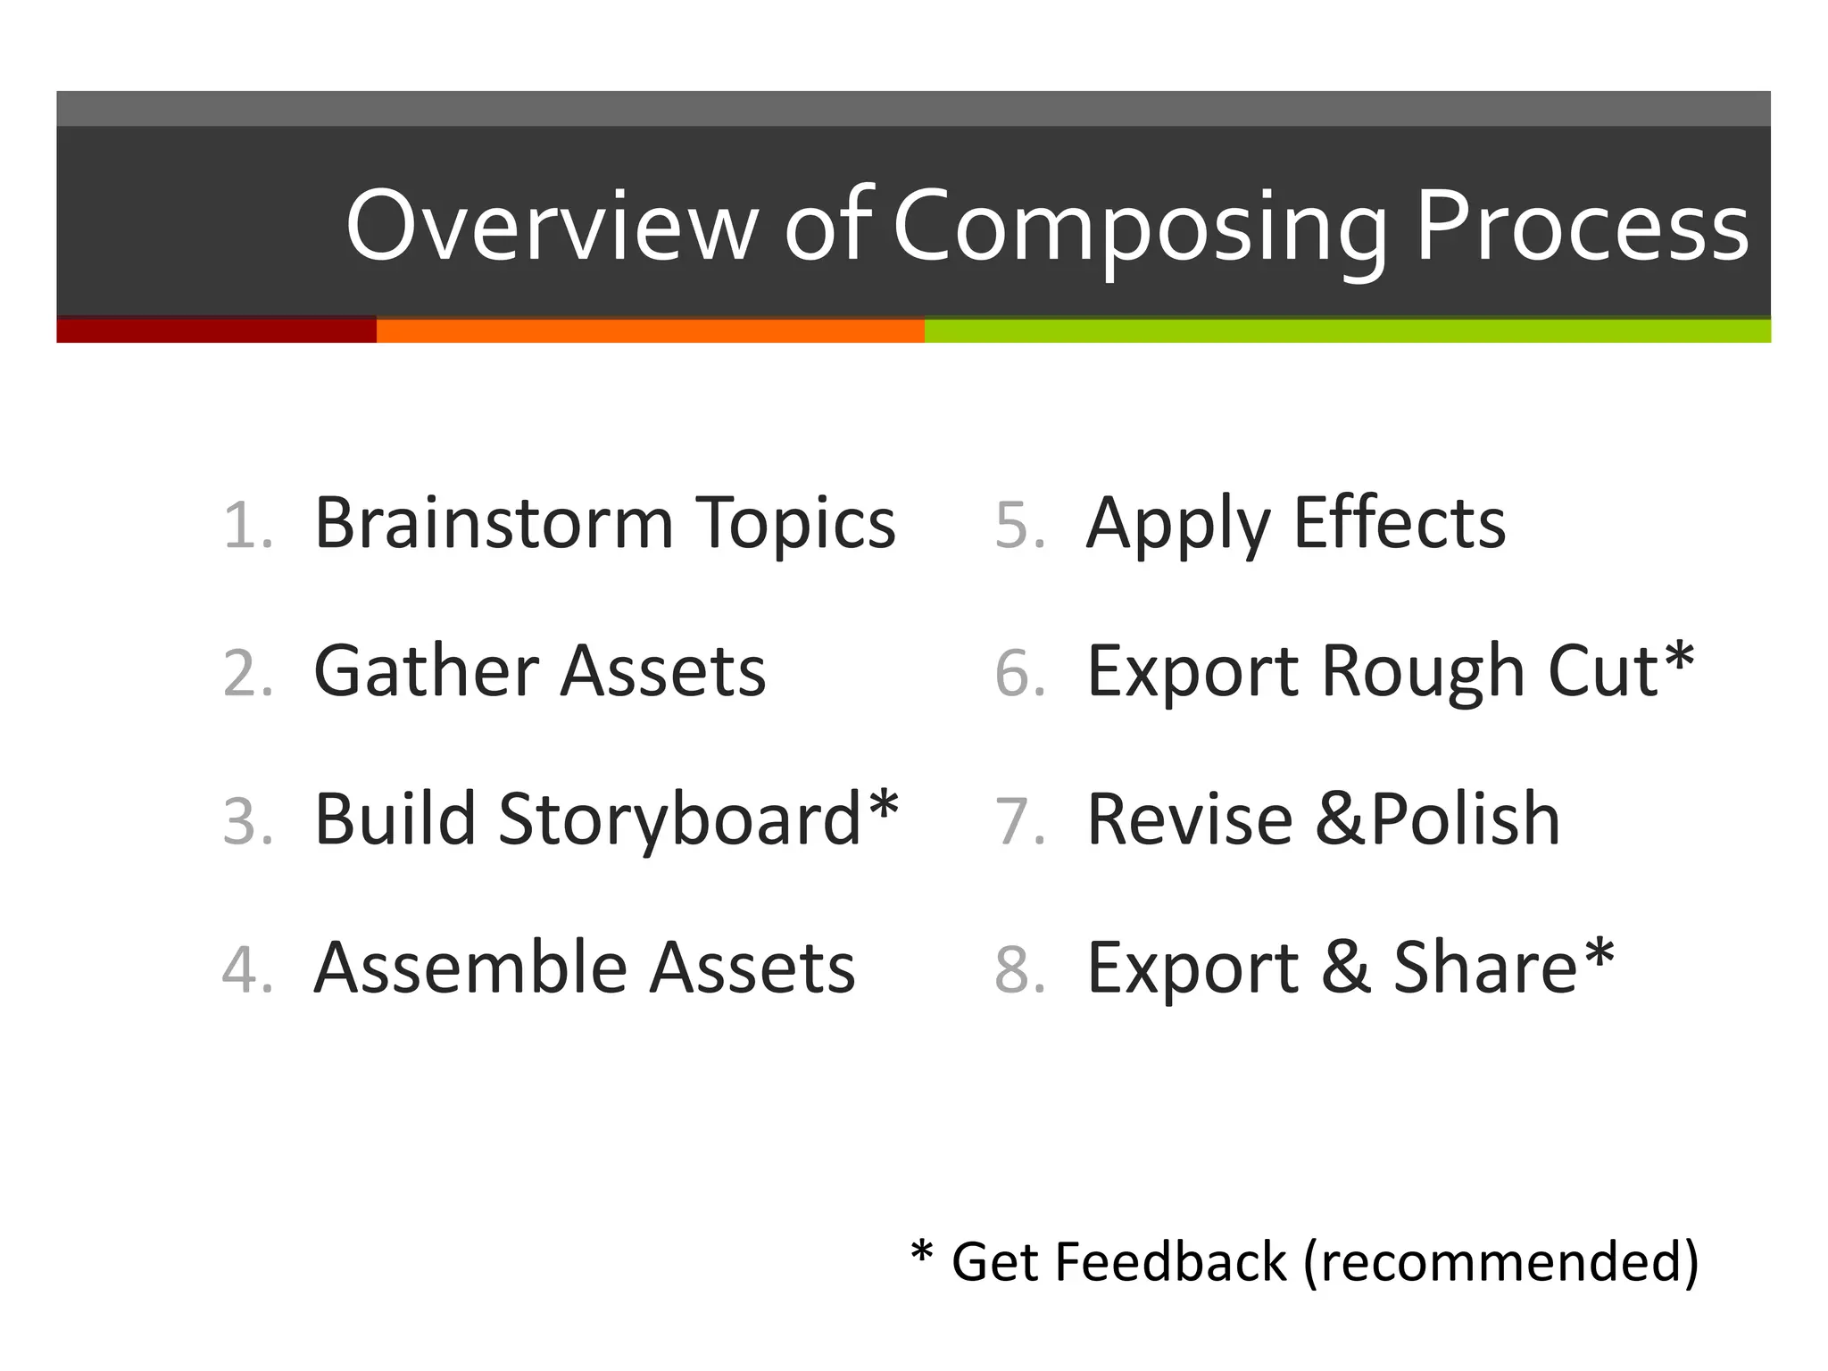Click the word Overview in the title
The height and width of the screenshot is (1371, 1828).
pos(552,226)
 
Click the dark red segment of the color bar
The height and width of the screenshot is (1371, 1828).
pos(216,330)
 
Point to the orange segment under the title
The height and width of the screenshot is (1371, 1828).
pos(650,330)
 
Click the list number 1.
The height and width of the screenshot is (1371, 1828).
pos(246,525)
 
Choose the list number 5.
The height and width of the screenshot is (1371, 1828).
pos(1019,525)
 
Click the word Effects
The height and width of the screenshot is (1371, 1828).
pos(1400,523)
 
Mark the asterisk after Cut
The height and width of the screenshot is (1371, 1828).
pos(1679,658)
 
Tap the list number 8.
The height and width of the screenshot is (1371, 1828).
pos(1019,969)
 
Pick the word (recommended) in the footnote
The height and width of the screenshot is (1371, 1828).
pos(1501,1262)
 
